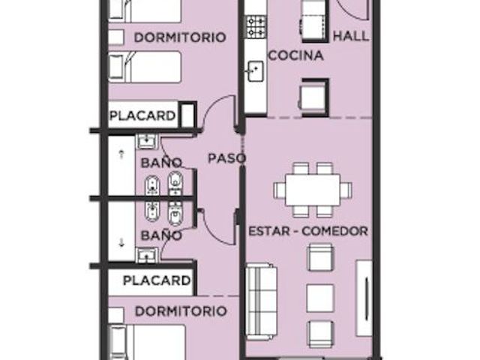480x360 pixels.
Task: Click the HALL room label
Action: tap(351, 36)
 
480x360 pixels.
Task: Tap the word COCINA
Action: tap(296, 55)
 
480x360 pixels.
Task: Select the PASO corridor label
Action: tap(226, 158)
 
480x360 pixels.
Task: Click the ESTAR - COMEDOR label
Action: tap(308, 231)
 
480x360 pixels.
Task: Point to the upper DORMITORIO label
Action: tap(180, 37)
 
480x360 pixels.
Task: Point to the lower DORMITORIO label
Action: tap(181, 311)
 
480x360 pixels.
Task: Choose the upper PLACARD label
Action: tap(142, 115)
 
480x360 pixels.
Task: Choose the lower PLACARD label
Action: tap(157, 280)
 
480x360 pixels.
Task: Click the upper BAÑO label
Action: tap(161, 163)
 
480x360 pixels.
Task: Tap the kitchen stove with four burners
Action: tap(256, 27)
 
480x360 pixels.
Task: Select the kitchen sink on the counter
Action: tap(256, 71)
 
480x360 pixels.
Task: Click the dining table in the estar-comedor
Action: tap(313, 190)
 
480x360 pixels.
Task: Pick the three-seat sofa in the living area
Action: tap(262, 302)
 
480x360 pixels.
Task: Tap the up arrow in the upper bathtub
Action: tap(121, 154)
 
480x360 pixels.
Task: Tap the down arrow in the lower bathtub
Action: tap(121, 243)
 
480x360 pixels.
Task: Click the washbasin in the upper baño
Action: tap(147, 141)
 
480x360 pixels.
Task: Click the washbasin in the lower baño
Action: tap(147, 255)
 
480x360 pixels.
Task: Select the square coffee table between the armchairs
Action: tap(320, 298)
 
